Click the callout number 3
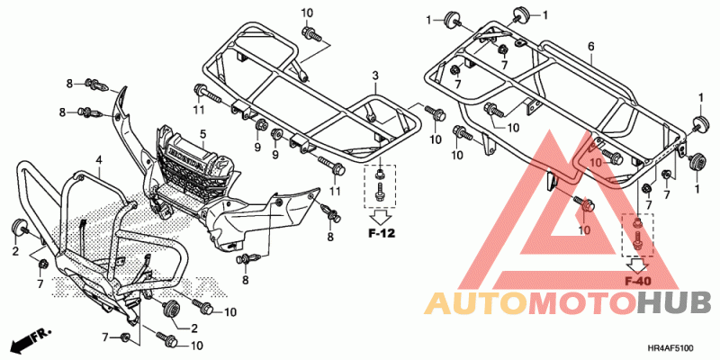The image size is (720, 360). pyautogui.click(x=375, y=76)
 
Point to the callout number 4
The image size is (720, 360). pyautogui.click(x=98, y=160)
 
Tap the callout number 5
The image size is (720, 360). pyautogui.click(x=202, y=134)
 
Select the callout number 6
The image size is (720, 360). pyautogui.click(x=591, y=47)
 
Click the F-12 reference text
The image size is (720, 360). pyautogui.click(x=382, y=234)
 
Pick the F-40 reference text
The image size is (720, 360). pyautogui.click(x=638, y=281)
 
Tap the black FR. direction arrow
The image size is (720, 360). pyautogui.click(x=31, y=339)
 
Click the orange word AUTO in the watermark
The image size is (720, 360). pyautogui.click(x=476, y=303)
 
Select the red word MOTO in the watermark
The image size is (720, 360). pyautogui.click(x=582, y=303)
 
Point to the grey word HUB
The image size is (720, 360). pyautogui.click(x=674, y=303)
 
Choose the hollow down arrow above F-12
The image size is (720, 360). pyautogui.click(x=381, y=216)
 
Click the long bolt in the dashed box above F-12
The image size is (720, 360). pyautogui.click(x=380, y=192)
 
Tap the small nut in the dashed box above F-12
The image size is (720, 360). pyautogui.click(x=380, y=173)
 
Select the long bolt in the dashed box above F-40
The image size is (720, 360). pyautogui.click(x=638, y=240)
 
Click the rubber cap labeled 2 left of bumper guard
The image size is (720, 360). pyautogui.click(x=18, y=226)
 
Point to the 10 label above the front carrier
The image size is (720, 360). pyautogui.click(x=307, y=13)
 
